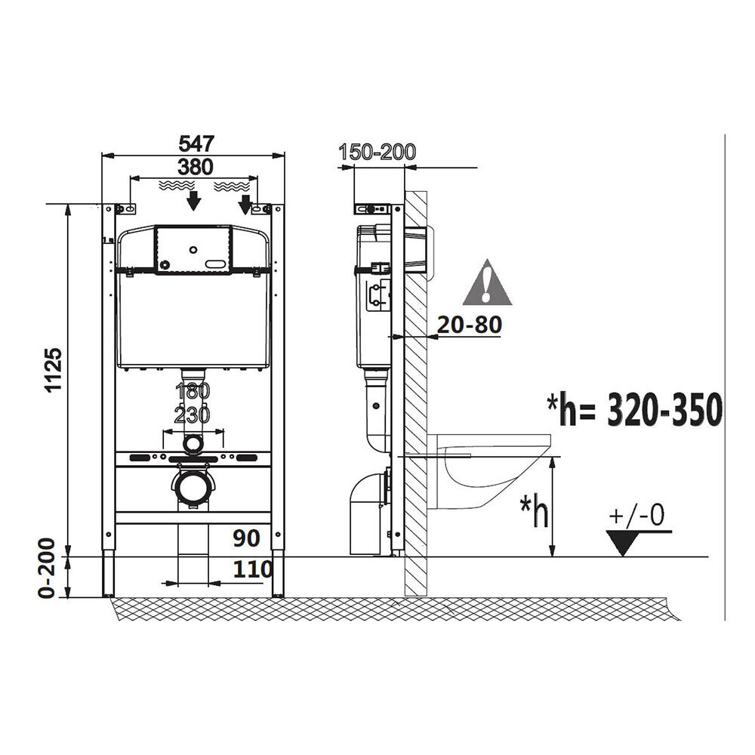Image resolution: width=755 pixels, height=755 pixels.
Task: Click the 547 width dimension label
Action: [196, 143]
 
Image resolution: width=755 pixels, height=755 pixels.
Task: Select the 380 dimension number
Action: [196, 167]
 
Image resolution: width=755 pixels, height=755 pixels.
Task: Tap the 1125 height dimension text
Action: [53, 370]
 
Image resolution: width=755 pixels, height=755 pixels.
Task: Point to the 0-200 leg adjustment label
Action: [47, 569]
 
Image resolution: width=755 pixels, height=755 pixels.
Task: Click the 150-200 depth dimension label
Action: [377, 153]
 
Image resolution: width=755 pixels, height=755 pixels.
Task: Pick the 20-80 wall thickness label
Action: [470, 325]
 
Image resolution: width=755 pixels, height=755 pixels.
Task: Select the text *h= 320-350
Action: [635, 408]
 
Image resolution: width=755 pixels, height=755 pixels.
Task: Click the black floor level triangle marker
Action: [623, 541]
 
